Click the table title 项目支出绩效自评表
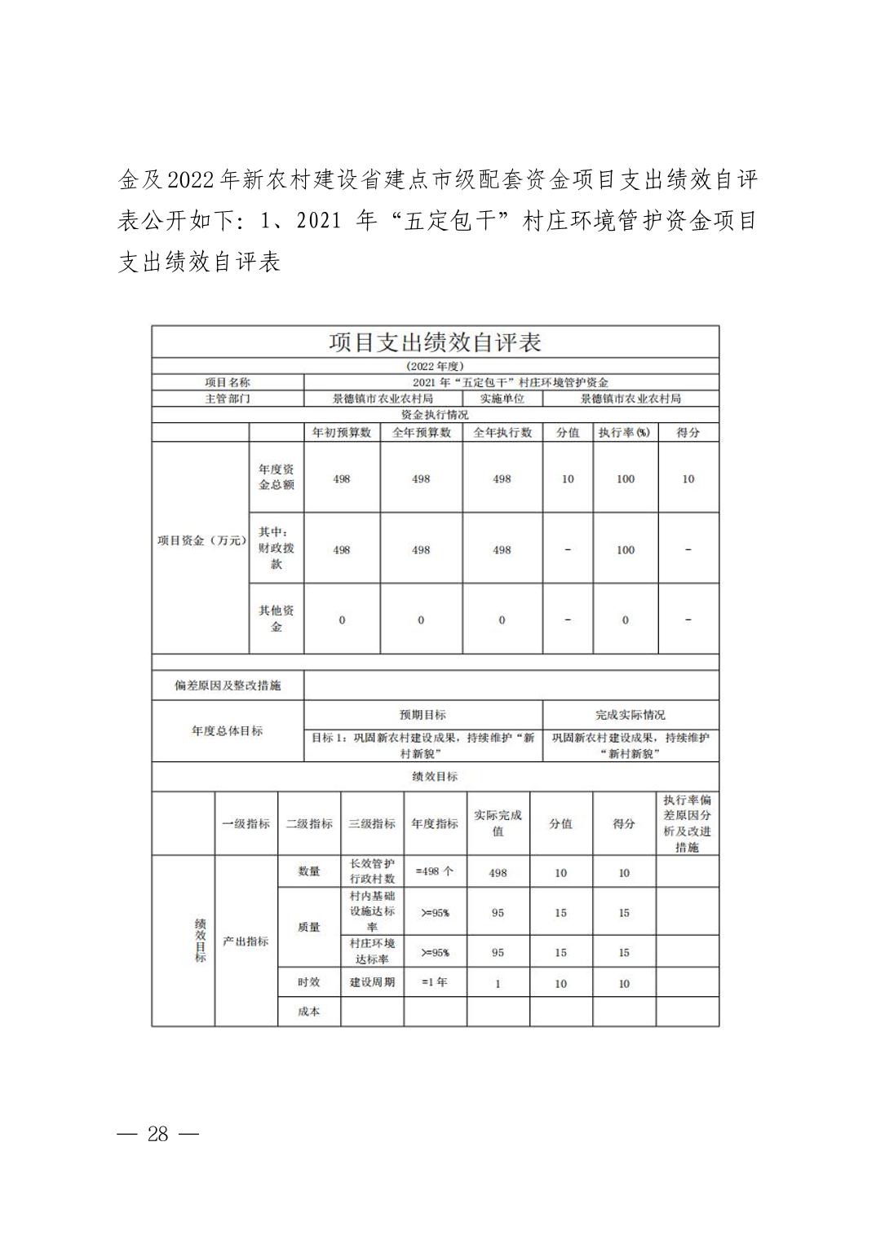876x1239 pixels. [435, 342]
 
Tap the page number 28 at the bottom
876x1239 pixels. [158, 1134]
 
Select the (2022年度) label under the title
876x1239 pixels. [435, 367]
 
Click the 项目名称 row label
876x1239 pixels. [228, 382]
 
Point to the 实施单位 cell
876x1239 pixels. [502, 399]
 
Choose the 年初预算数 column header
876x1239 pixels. [342, 432]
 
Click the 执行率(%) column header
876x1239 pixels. [625, 432]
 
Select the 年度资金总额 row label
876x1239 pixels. [277, 477]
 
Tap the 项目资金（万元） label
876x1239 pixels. [201, 540]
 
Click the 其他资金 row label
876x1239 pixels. [277, 619]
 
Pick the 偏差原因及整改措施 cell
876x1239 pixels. [228, 686]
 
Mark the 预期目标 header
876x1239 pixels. [423, 715]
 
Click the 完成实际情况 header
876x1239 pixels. [630, 715]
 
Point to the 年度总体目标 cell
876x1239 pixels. [228, 731]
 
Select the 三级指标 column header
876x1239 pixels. [372, 823]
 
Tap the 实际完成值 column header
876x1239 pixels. [498, 823]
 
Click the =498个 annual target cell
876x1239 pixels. [435, 871]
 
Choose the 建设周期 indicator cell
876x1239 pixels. [372, 982]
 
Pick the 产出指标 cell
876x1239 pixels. [246, 941]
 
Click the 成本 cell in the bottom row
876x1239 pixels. [309, 1012]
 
